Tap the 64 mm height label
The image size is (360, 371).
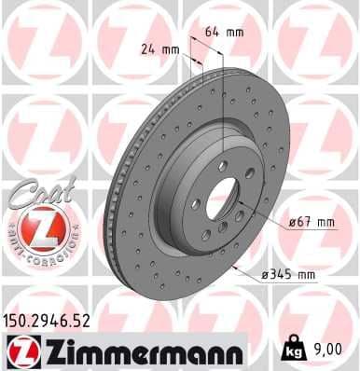224,31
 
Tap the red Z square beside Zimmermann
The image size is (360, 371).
19,350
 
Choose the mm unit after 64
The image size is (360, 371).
235,31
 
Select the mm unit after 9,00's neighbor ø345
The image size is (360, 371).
306,274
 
